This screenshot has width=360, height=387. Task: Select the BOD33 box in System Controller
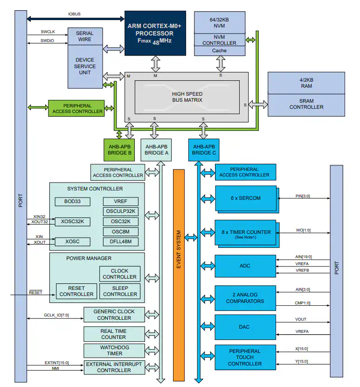pyautogui.click(x=71, y=202)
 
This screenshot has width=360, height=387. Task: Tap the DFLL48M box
pyautogui.click(x=121, y=241)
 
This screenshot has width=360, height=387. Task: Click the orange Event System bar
pyautogui.click(x=179, y=275)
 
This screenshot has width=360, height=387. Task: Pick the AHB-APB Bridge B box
pyautogui.click(x=118, y=149)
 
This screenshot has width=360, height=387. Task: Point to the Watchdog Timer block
pyautogui.click(x=114, y=351)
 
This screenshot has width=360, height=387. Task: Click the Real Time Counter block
pyautogui.click(x=113, y=334)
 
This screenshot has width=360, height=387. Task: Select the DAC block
pyautogui.click(x=244, y=327)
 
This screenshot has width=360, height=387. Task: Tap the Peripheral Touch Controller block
pyautogui.click(x=244, y=358)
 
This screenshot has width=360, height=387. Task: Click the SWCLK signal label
pyautogui.click(x=48, y=32)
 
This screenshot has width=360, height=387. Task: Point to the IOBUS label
pyautogui.click(x=74, y=14)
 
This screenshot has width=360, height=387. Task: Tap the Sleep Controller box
pyautogui.click(x=120, y=291)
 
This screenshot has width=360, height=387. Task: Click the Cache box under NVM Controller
pyautogui.click(x=219, y=50)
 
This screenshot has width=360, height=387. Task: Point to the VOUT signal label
pyautogui.click(x=301, y=320)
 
